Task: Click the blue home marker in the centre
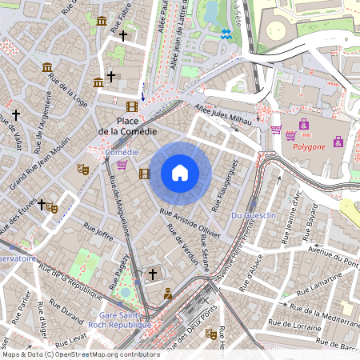[180, 173]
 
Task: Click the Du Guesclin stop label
[252, 216]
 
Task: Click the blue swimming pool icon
[226, 34]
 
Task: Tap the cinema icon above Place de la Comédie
[131, 106]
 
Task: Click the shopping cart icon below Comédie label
[122, 165]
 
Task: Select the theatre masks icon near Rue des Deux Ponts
[211, 334]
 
